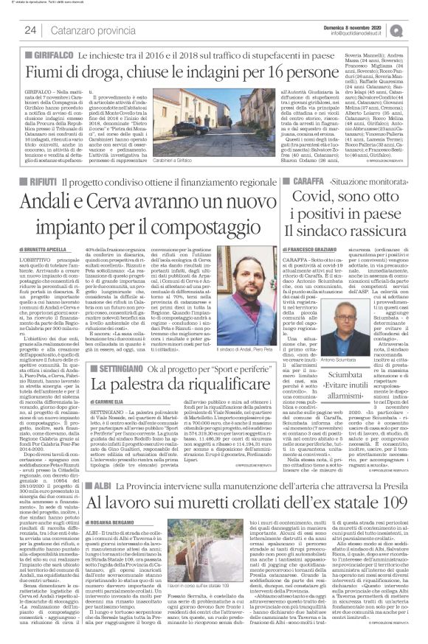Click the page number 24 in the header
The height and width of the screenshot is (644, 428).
pyautogui.click(x=31, y=30)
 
